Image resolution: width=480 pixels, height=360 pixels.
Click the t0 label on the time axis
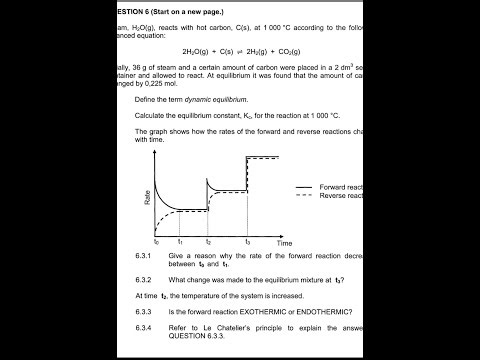156,242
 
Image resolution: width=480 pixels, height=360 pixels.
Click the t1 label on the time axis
180,242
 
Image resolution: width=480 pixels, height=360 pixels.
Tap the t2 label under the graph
208,242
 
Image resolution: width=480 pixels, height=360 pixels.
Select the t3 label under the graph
247,242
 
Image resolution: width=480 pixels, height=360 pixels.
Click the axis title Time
285,243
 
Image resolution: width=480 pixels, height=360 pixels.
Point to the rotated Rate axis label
146,197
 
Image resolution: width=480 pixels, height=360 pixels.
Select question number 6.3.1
147,256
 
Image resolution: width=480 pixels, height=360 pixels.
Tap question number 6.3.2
147,279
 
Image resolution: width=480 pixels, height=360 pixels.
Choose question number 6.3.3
147,311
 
